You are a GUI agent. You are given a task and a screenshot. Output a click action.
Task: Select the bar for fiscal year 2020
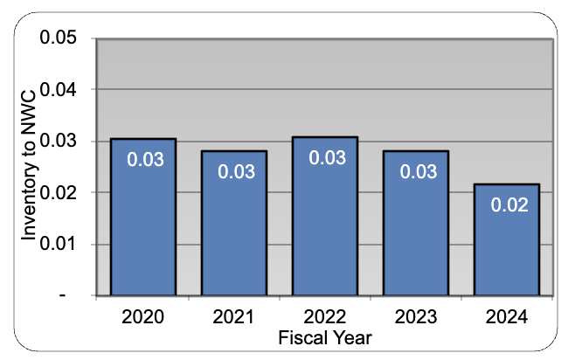coord(143,218)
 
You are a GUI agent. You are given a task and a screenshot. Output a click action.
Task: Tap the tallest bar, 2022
coord(325,218)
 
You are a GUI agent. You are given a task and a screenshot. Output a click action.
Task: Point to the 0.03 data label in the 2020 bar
coord(143,159)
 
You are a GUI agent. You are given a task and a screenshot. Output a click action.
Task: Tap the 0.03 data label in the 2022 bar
coord(325,157)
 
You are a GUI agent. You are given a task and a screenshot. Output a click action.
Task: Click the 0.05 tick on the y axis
coord(60,39)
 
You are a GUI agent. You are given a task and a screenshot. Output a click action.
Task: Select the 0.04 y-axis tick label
coord(60,90)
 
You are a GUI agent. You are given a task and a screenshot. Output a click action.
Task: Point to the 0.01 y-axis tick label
coord(60,244)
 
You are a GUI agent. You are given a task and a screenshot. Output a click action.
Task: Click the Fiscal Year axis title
coord(325,336)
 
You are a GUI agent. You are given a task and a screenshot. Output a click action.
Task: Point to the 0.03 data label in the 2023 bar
coord(416,170)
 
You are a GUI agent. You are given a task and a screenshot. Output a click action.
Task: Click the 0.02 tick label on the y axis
coord(60,192)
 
